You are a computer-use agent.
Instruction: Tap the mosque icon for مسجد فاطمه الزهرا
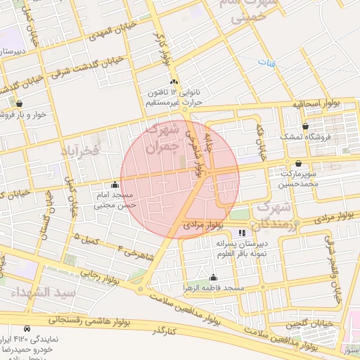point(213,278)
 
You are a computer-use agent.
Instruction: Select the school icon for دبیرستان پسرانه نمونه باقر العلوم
point(243,232)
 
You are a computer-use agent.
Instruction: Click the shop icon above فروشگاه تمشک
point(304,126)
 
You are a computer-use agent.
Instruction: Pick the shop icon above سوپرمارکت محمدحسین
point(298,163)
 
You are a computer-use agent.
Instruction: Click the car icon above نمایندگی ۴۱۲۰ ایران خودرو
point(27,328)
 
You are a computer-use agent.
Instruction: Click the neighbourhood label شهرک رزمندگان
point(278,216)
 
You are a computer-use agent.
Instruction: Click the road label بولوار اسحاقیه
point(316,104)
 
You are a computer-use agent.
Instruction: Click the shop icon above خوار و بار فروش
point(19,103)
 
